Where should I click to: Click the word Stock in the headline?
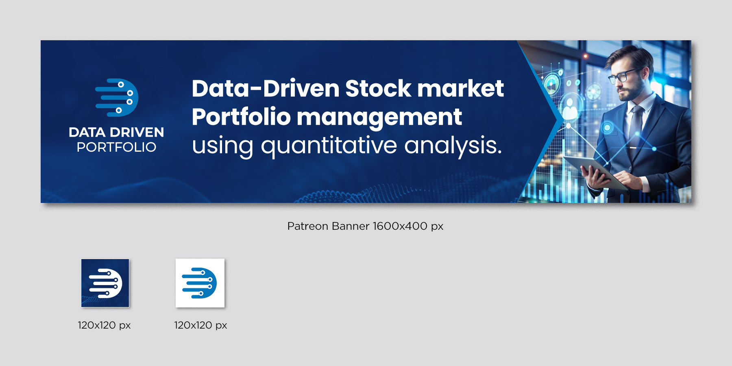point(378,88)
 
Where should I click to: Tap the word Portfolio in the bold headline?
point(241,117)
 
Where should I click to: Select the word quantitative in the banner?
point(329,146)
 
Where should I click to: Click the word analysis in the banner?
point(453,146)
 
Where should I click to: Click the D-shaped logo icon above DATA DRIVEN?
point(117,98)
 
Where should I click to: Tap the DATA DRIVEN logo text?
point(116,132)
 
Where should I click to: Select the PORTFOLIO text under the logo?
point(116,147)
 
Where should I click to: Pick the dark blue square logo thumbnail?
point(105,283)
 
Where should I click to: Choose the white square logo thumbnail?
point(200,283)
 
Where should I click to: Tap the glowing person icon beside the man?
point(570,108)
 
